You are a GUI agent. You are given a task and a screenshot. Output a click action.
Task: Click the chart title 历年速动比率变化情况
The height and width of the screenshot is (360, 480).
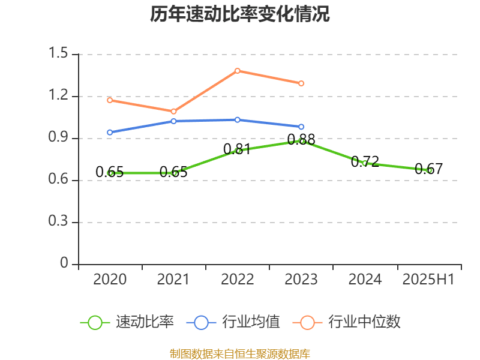pos(240,14)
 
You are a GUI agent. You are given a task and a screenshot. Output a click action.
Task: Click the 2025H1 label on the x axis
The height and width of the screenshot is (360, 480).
pos(428,279)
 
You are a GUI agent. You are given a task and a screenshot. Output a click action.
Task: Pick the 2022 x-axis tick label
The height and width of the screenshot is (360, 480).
pos(237,279)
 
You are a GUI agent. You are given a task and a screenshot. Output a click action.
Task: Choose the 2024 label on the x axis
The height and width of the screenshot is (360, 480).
pos(365,279)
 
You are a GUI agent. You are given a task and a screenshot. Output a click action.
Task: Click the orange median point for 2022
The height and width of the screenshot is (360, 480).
pos(238,71)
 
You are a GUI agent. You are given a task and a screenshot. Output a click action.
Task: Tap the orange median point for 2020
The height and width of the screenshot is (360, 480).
pos(109,100)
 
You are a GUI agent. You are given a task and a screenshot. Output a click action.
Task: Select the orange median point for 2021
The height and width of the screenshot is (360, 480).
pos(173,112)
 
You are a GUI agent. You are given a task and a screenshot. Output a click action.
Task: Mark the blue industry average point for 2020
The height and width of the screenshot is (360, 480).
pos(109,132)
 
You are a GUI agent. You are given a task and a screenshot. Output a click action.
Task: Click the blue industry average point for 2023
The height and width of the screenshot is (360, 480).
pos(301,127)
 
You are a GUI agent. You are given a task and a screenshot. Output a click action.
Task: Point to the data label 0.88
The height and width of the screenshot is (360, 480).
pos(301,140)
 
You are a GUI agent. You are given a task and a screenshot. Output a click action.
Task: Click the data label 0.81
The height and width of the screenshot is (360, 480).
pos(237,149)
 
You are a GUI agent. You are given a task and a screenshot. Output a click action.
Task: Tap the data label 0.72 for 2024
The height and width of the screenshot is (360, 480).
pos(365,161)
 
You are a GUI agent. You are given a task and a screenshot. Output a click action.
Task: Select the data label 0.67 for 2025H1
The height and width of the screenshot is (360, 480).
pos(428,169)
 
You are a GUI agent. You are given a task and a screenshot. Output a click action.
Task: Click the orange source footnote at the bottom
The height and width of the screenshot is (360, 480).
pos(240,353)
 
